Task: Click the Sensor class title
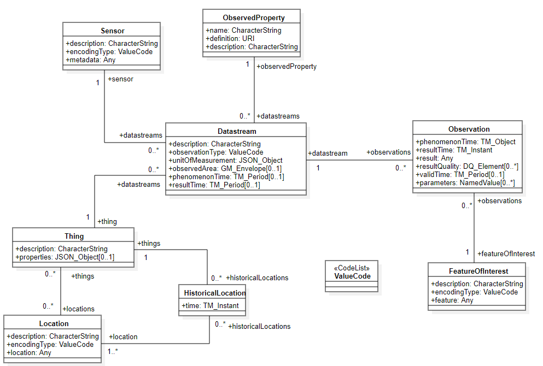click(112, 31)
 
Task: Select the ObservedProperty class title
click(253, 17)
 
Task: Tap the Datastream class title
click(236, 131)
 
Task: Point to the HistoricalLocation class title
click(215, 293)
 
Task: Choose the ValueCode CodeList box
click(352, 273)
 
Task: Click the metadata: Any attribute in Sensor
click(91, 60)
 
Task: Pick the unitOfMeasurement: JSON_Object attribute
click(225, 160)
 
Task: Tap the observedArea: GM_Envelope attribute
click(225, 169)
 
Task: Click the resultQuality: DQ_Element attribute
click(466, 166)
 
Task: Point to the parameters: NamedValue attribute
click(465, 183)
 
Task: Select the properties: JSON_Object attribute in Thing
click(65, 257)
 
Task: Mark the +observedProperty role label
click(287, 67)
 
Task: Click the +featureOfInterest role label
click(506, 253)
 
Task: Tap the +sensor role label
click(120, 79)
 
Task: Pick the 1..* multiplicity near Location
click(113, 351)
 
